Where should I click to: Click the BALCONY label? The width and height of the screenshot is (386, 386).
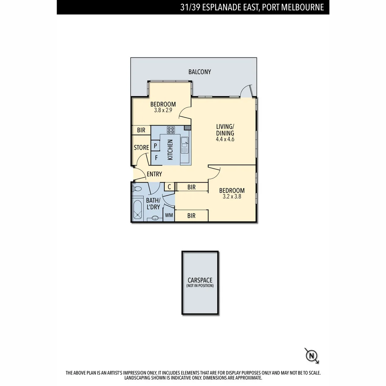(x=200, y=72)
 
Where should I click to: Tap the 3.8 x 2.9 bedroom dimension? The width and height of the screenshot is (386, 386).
(x=163, y=110)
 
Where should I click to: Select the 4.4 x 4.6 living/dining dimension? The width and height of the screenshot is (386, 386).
(x=225, y=139)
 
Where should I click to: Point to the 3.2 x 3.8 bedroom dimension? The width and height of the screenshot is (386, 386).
(x=232, y=197)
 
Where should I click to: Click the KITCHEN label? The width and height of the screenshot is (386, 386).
(x=170, y=150)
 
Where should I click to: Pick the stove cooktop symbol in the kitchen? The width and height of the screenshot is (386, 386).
(x=171, y=130)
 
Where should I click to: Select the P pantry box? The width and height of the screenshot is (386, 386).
(x=155, y=145)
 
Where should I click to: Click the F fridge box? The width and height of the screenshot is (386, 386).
(x=156, y=157)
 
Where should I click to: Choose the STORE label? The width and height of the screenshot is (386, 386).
(x=141, y=148)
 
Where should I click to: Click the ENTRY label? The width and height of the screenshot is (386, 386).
(x=154, y=174)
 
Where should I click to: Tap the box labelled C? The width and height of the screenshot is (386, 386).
(x=169, y=187)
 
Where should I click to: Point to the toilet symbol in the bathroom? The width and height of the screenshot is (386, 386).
(x=137, y=189)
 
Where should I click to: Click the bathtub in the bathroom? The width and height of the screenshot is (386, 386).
(x=137, y=210)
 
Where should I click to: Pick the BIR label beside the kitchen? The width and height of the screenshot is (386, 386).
(x=141, y=130)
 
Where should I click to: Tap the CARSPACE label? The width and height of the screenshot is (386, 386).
(x=200, y=281)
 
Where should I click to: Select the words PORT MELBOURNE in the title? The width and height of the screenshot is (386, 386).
(x=293, y=7)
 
